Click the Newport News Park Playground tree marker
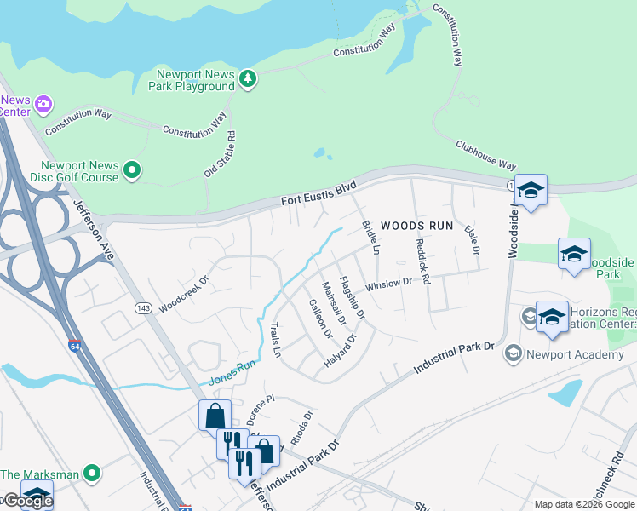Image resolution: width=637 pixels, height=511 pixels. pos(248,79)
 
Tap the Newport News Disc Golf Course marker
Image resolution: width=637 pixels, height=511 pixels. pos(132,172)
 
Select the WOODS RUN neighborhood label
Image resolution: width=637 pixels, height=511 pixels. pos(416,226)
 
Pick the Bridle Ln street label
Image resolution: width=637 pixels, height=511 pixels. pos(370,238)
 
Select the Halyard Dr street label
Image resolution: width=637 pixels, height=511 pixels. pos(340,351)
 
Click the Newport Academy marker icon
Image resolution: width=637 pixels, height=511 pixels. pos(513,353)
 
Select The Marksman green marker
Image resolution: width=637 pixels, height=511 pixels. pos(93,473)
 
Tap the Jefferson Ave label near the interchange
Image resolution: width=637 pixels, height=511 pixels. pos(94,229)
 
